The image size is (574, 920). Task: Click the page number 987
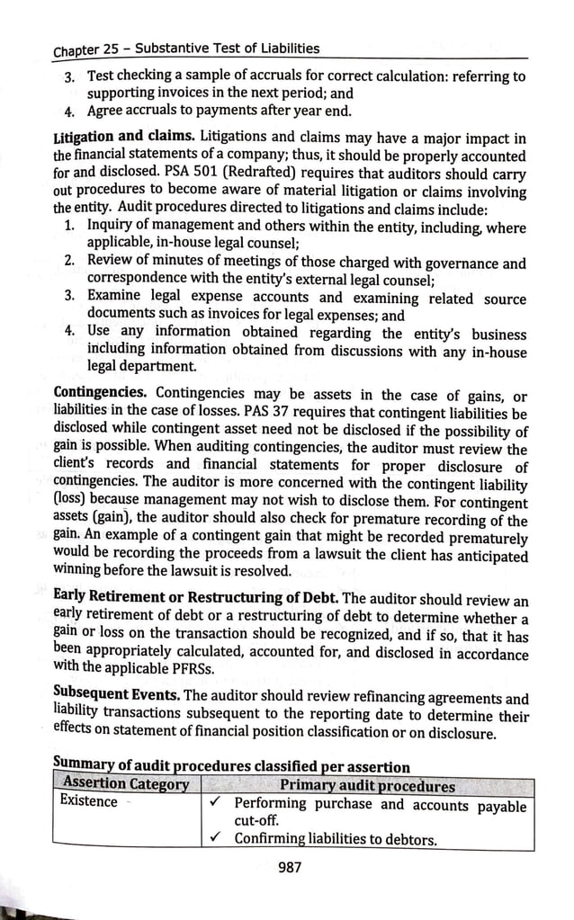coord(290,867)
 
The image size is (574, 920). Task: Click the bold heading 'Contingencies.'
coord(101,393)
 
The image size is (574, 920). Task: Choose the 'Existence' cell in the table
coord(88,801)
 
